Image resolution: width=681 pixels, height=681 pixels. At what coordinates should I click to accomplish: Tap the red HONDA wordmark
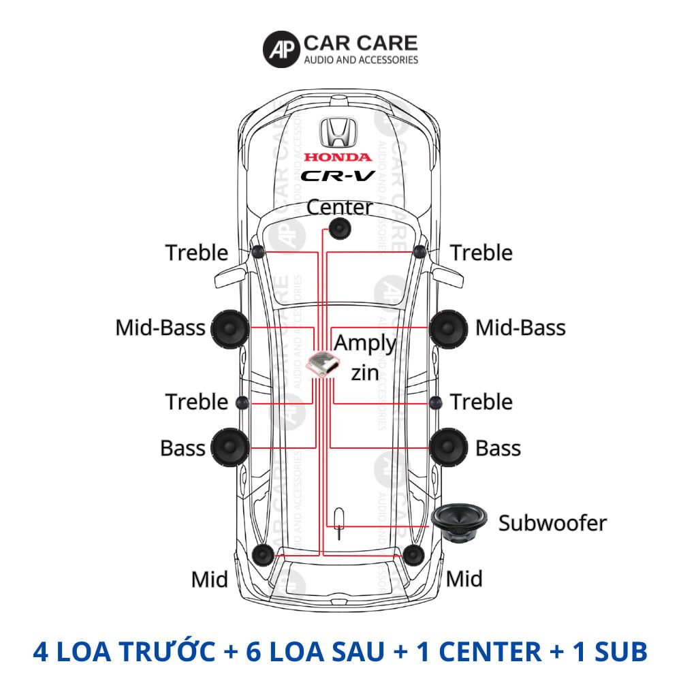(338, 157)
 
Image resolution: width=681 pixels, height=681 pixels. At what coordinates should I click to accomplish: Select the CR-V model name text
(338, 176)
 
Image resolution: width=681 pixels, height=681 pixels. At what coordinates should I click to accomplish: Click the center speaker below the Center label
(339, 229)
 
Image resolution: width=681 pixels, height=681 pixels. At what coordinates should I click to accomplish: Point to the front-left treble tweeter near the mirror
(258, 252)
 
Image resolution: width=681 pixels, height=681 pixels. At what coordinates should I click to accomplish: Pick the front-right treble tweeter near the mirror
(419, 252)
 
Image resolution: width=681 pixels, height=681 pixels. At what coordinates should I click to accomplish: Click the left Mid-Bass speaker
(229, 328)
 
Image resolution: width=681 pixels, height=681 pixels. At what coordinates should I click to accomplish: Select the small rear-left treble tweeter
(240, 402)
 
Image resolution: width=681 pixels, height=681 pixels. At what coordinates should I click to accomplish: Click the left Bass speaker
(229, 447)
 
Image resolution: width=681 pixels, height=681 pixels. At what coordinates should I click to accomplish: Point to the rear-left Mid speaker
(262, 555)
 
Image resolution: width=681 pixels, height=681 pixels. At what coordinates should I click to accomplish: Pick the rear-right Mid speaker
(413, 555)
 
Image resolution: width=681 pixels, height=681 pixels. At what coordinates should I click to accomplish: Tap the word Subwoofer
(552, 523)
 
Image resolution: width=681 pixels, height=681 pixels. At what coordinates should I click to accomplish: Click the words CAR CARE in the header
(360, 43)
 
